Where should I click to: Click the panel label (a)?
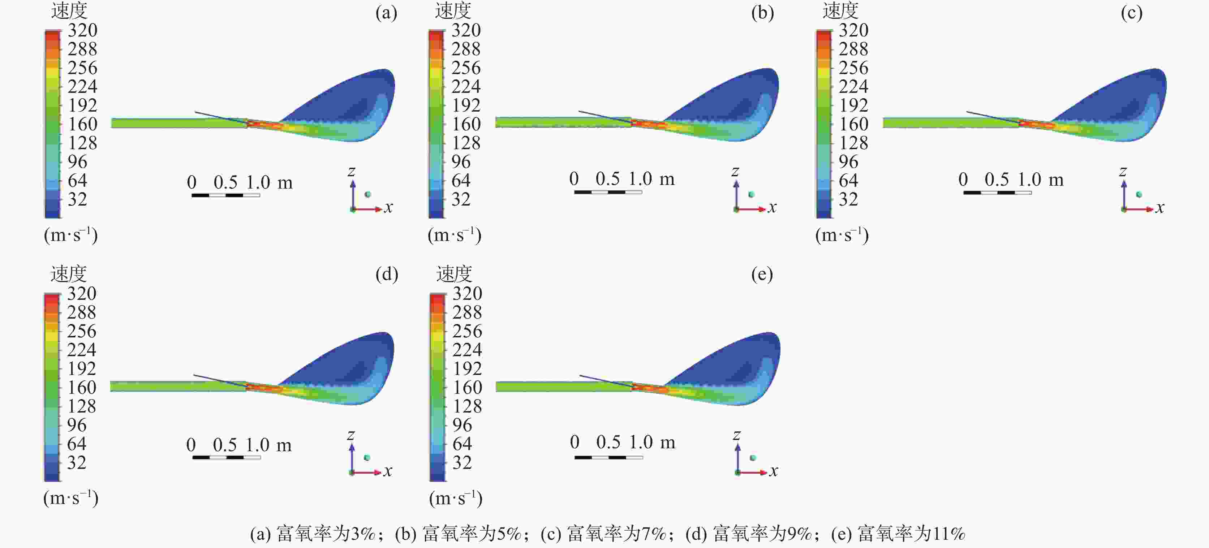point(386,13)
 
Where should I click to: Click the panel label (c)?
point(1132,13)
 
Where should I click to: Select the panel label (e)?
point(762,275)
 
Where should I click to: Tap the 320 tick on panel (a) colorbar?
point(83,30)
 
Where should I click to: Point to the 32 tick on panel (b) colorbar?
point(461,199)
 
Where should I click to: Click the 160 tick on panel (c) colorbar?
point(853,124)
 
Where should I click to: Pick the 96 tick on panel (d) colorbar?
point(77,425)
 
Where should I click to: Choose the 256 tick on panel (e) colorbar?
point(467,331)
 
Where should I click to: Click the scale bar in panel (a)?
point(226,195)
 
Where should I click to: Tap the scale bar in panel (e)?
point(609,457)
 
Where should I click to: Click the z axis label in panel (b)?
point(735,172)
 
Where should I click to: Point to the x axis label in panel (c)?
point(1160,208)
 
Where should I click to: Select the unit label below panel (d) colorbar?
point(71,498)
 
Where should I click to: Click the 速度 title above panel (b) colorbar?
point(453,11)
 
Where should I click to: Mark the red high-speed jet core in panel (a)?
point(263,125)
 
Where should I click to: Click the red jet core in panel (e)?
point(647,388)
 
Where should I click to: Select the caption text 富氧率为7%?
point(616,534)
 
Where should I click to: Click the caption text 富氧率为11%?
point(911,534)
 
